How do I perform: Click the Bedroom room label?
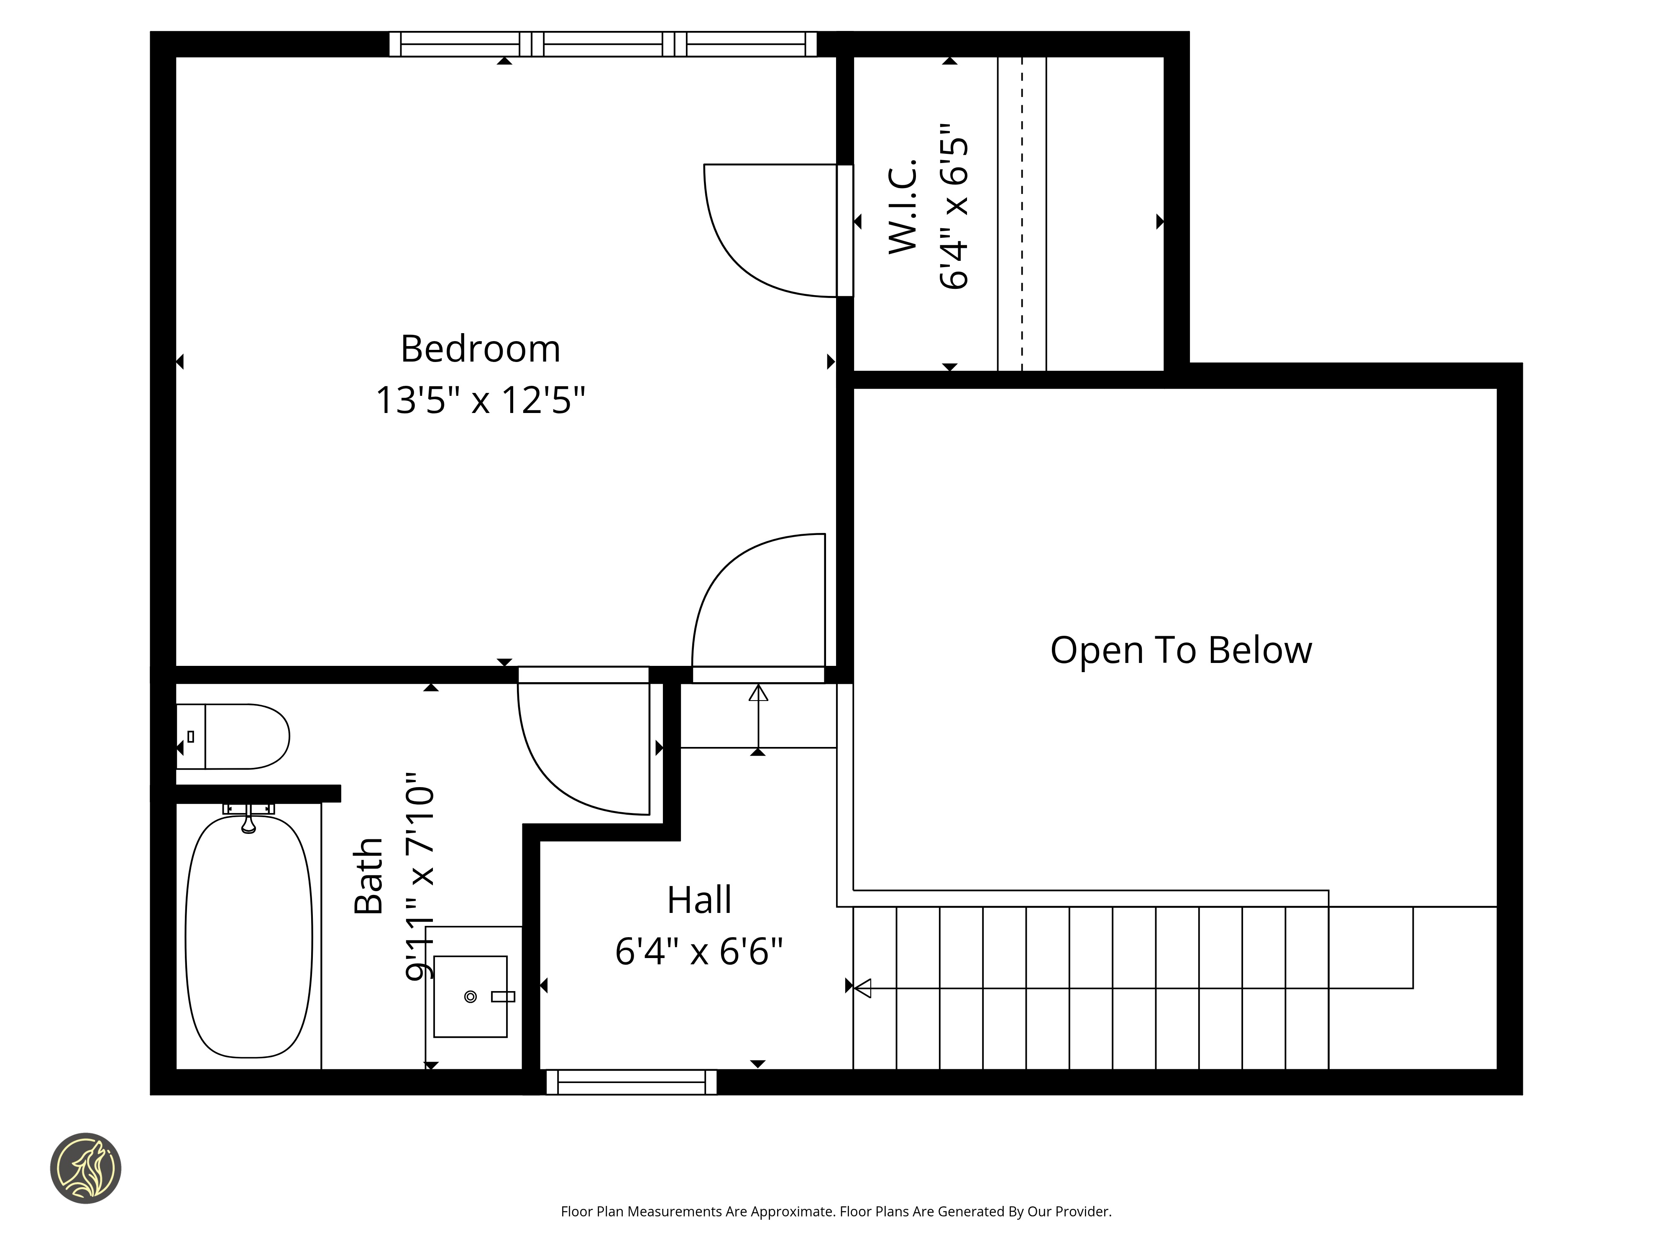[480, 349]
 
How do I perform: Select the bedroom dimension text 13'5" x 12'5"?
[480, 400]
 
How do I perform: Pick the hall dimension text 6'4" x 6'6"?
[699, 951]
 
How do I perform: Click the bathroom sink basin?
[471, 996]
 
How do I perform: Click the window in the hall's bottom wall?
[632, 1082]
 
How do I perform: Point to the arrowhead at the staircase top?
[862, 988]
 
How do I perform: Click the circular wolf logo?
[85, 1168]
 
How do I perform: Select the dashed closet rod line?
[1022, 214]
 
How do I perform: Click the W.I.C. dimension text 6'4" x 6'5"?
[954, 206]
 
